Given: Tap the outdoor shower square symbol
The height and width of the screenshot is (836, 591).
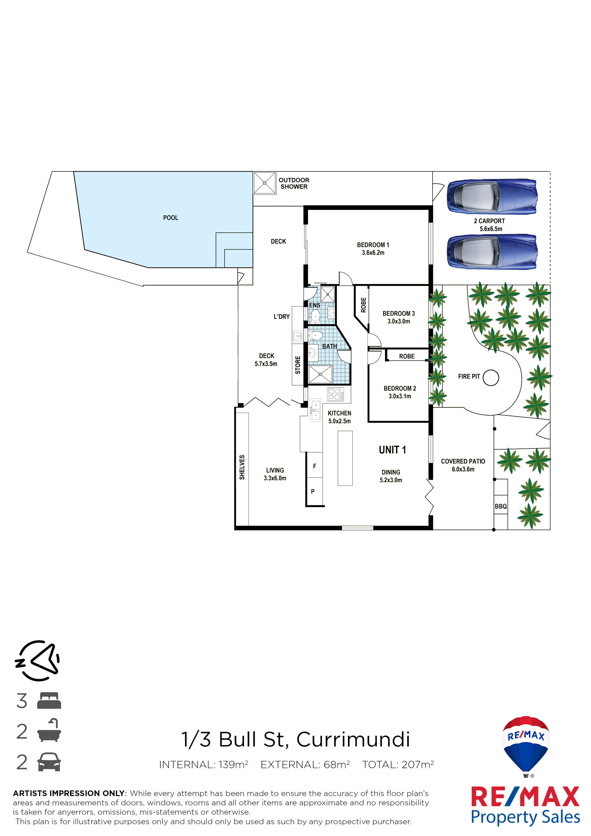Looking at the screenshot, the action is point(264,183).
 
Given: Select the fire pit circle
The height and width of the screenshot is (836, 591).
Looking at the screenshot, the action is point(491,378).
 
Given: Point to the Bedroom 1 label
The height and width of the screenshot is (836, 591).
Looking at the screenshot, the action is point(373,245).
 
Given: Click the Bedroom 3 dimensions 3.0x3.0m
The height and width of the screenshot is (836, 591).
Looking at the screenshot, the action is point(399,321).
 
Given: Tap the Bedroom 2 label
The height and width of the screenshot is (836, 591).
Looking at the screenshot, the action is point(400,388).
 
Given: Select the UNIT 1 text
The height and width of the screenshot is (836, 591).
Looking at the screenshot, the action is point(392,450).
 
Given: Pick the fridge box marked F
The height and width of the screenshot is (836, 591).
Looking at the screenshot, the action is point(314,465).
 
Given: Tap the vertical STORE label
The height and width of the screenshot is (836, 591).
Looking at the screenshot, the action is point(298,365).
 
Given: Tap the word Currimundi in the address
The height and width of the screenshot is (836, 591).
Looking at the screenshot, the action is point(353,740).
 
